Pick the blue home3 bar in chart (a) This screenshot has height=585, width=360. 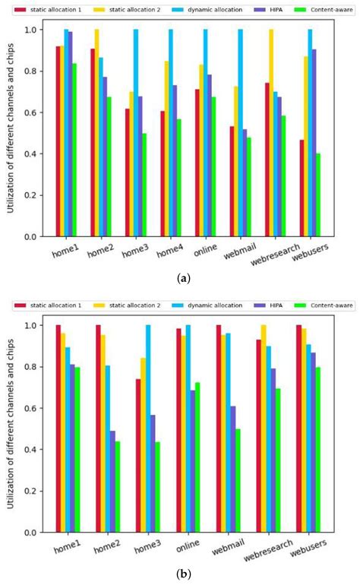(136, 133)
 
